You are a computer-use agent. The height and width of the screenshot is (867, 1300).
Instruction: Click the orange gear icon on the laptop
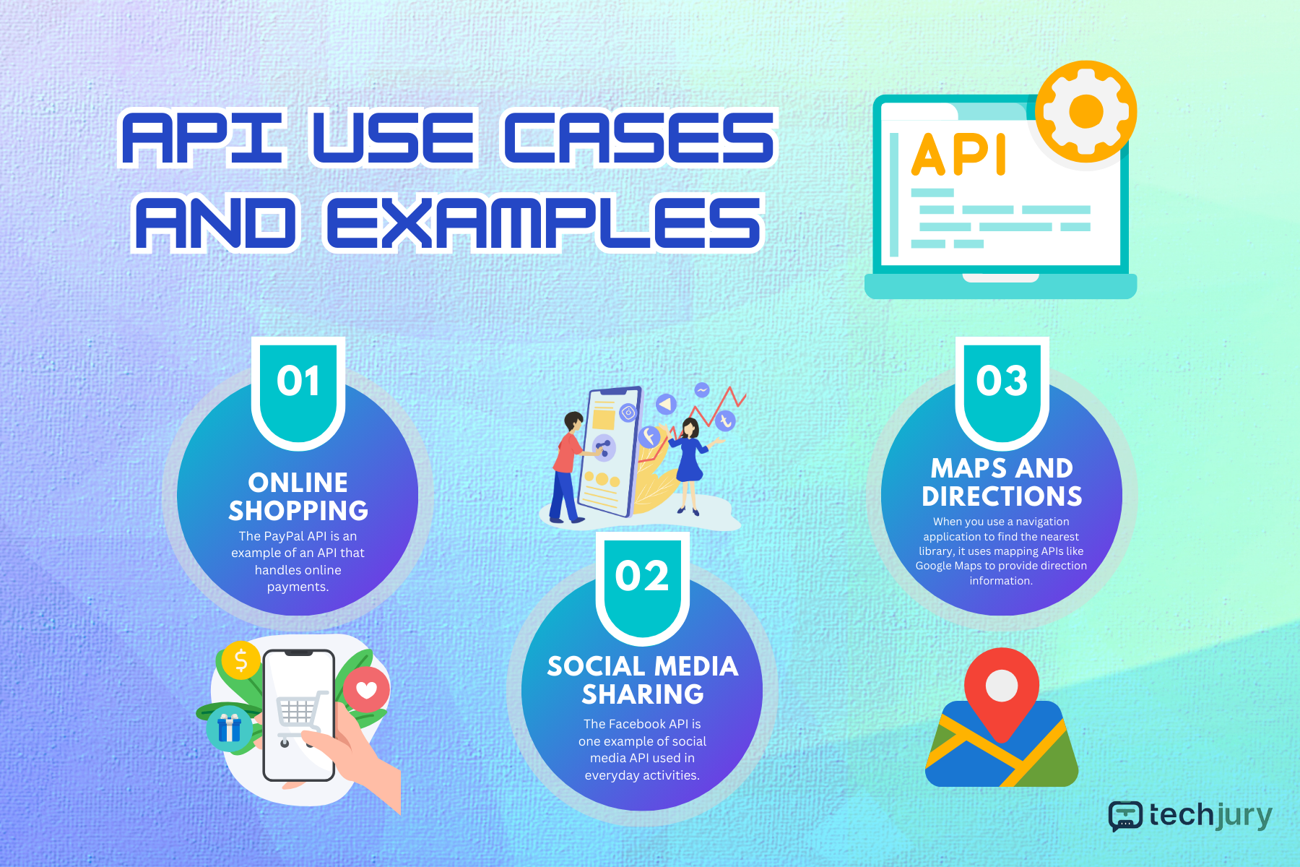tap(1085, 111)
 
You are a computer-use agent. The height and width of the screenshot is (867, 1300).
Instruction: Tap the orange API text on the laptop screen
tap(958, 155)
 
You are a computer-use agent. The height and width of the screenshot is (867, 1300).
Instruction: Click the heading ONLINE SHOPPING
tap(298, 496)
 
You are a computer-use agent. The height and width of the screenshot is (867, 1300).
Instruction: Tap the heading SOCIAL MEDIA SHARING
tap(643, 680)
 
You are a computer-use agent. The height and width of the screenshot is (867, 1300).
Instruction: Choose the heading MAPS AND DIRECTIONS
tap(1002, 482)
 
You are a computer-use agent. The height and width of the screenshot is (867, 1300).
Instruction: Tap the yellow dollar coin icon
tap(240, 660)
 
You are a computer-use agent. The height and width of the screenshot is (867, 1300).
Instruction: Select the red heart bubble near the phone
tap(366, 689)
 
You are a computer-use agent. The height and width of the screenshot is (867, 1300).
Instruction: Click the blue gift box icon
tap(229, 728)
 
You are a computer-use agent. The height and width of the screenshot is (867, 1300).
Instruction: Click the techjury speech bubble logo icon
tap(1125, 816)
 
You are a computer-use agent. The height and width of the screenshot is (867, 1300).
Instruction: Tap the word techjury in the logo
tap(1210, 816)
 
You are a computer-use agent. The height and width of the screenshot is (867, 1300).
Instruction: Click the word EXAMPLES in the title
tap(544, 223)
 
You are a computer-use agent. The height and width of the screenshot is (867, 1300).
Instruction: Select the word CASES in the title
tap(638, 137)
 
